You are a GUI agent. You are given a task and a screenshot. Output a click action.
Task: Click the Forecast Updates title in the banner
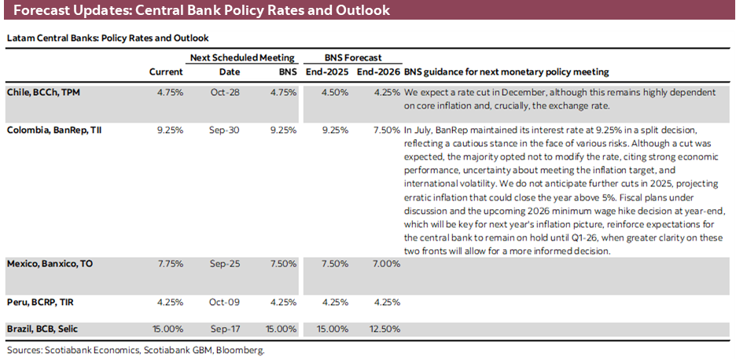click(201, 11)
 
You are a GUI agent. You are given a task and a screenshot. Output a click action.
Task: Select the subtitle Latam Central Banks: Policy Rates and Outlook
click(108, 38)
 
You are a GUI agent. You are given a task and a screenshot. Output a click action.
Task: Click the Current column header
click(166, 72)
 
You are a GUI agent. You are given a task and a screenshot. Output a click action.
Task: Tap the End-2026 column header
click(377, 72)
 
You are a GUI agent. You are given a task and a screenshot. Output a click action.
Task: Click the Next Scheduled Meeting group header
click(242, 57)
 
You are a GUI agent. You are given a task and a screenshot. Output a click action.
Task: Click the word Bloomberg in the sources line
click(242, 350)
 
